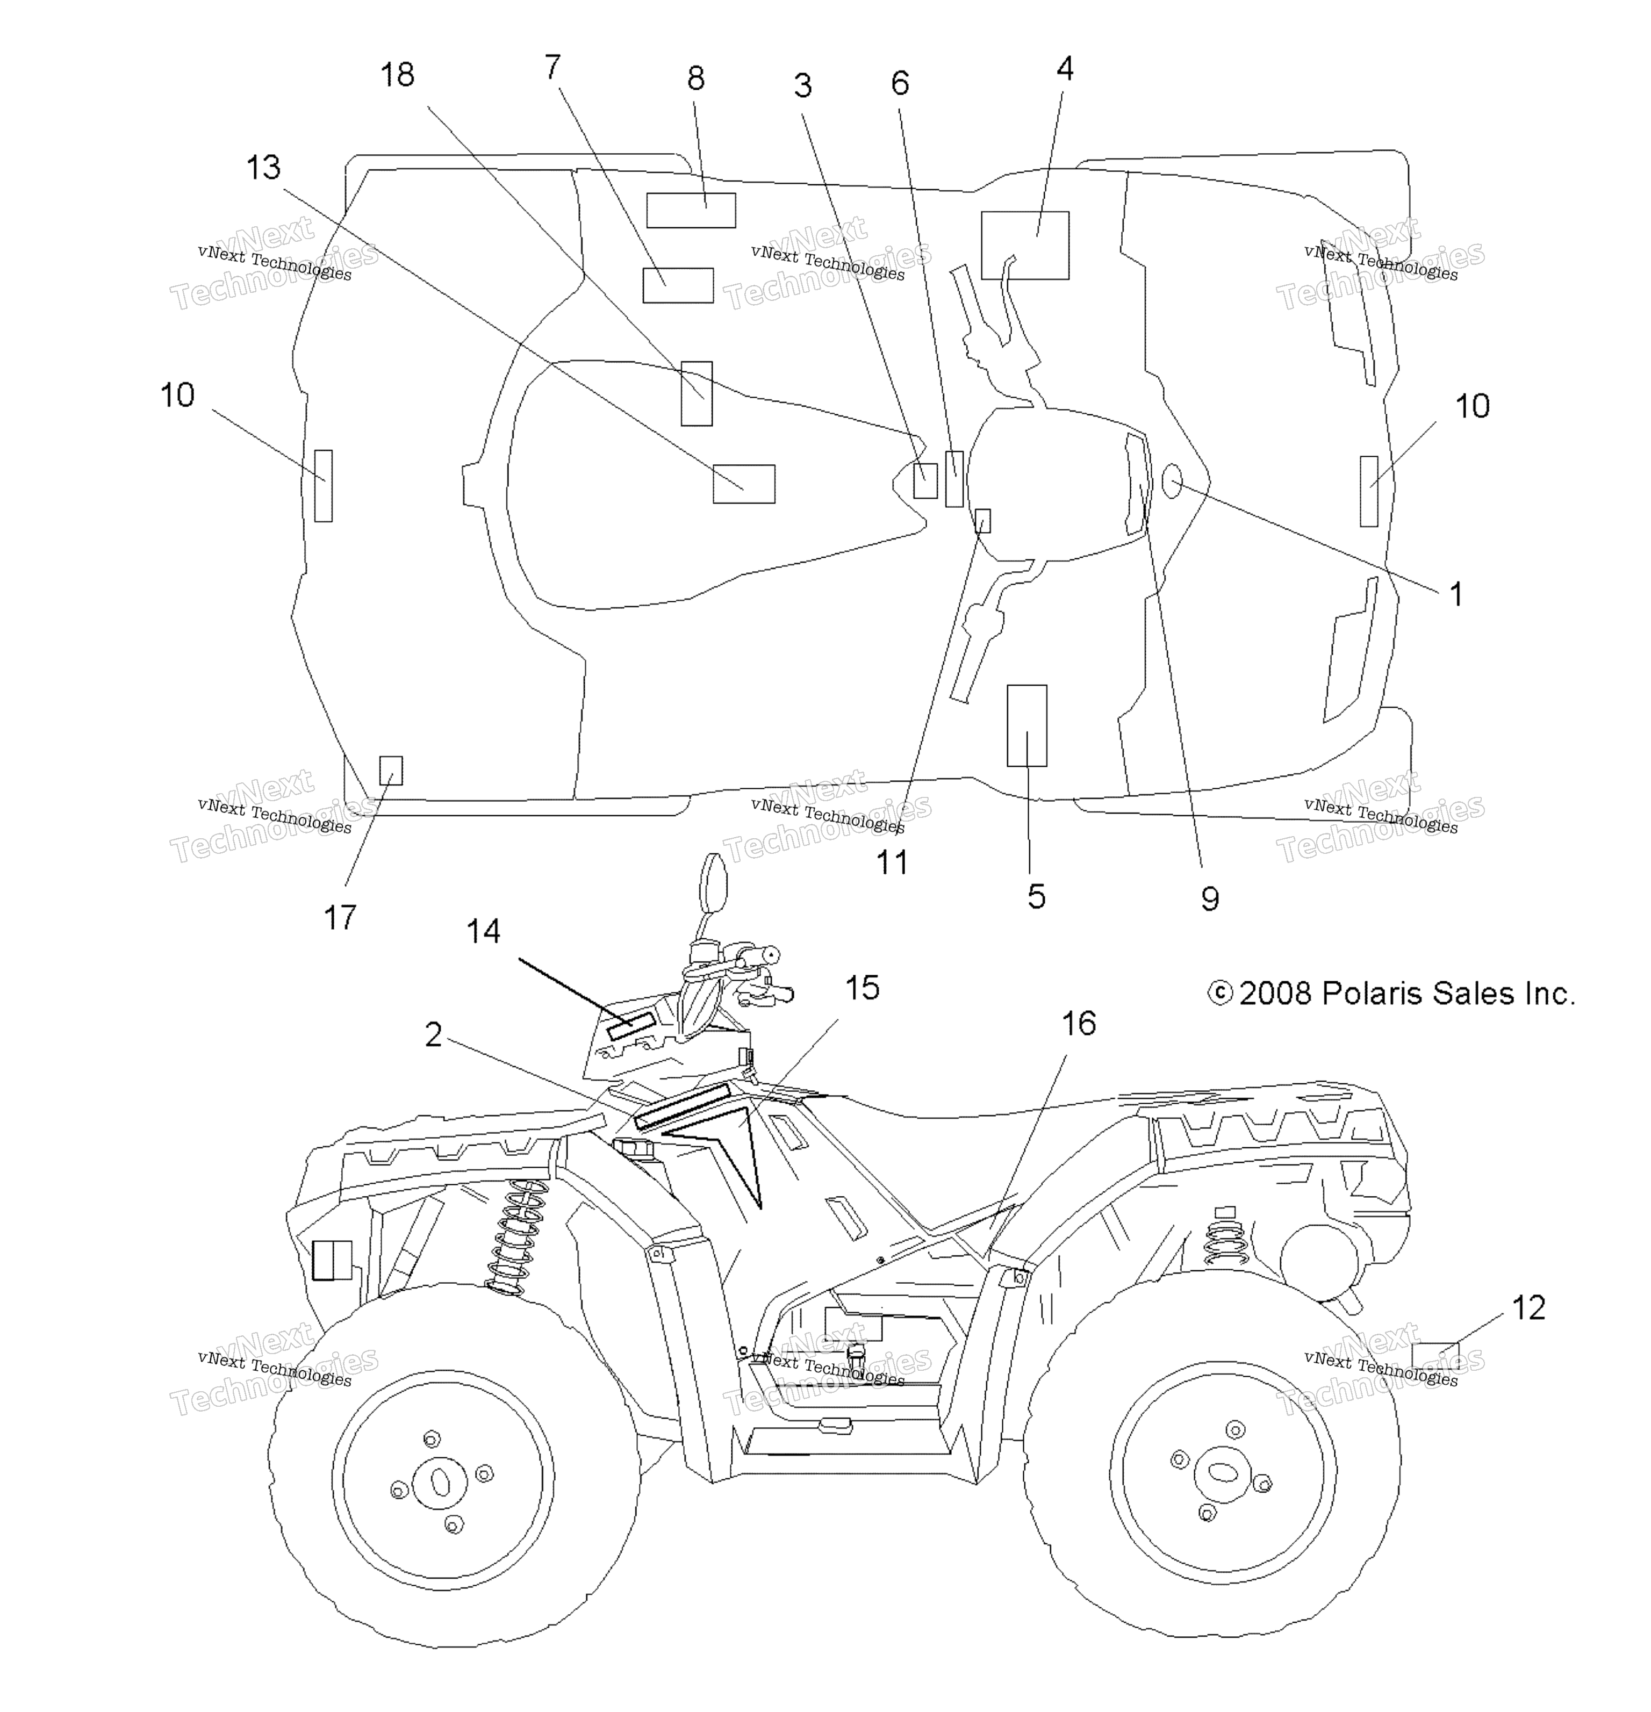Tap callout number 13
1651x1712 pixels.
tap(263, 167)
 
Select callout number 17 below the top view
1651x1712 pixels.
tap(340, 917)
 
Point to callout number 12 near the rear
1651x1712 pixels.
tap(1528, 1307)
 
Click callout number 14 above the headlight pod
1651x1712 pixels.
tap(483, 931)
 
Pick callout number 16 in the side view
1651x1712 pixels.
tap(1079, 1023)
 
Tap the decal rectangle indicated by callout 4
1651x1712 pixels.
tap(1025, 246)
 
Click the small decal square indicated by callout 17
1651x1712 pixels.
tap(391, 771)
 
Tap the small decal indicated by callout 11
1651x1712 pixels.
tap(983, 521)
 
